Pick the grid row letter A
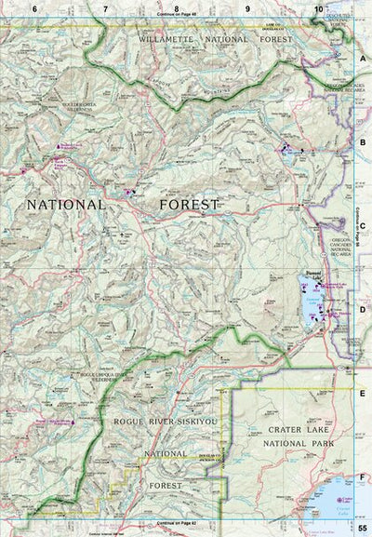point(363,57)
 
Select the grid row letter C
point(363,225)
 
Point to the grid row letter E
point(363,394)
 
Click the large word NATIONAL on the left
point(66,204)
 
